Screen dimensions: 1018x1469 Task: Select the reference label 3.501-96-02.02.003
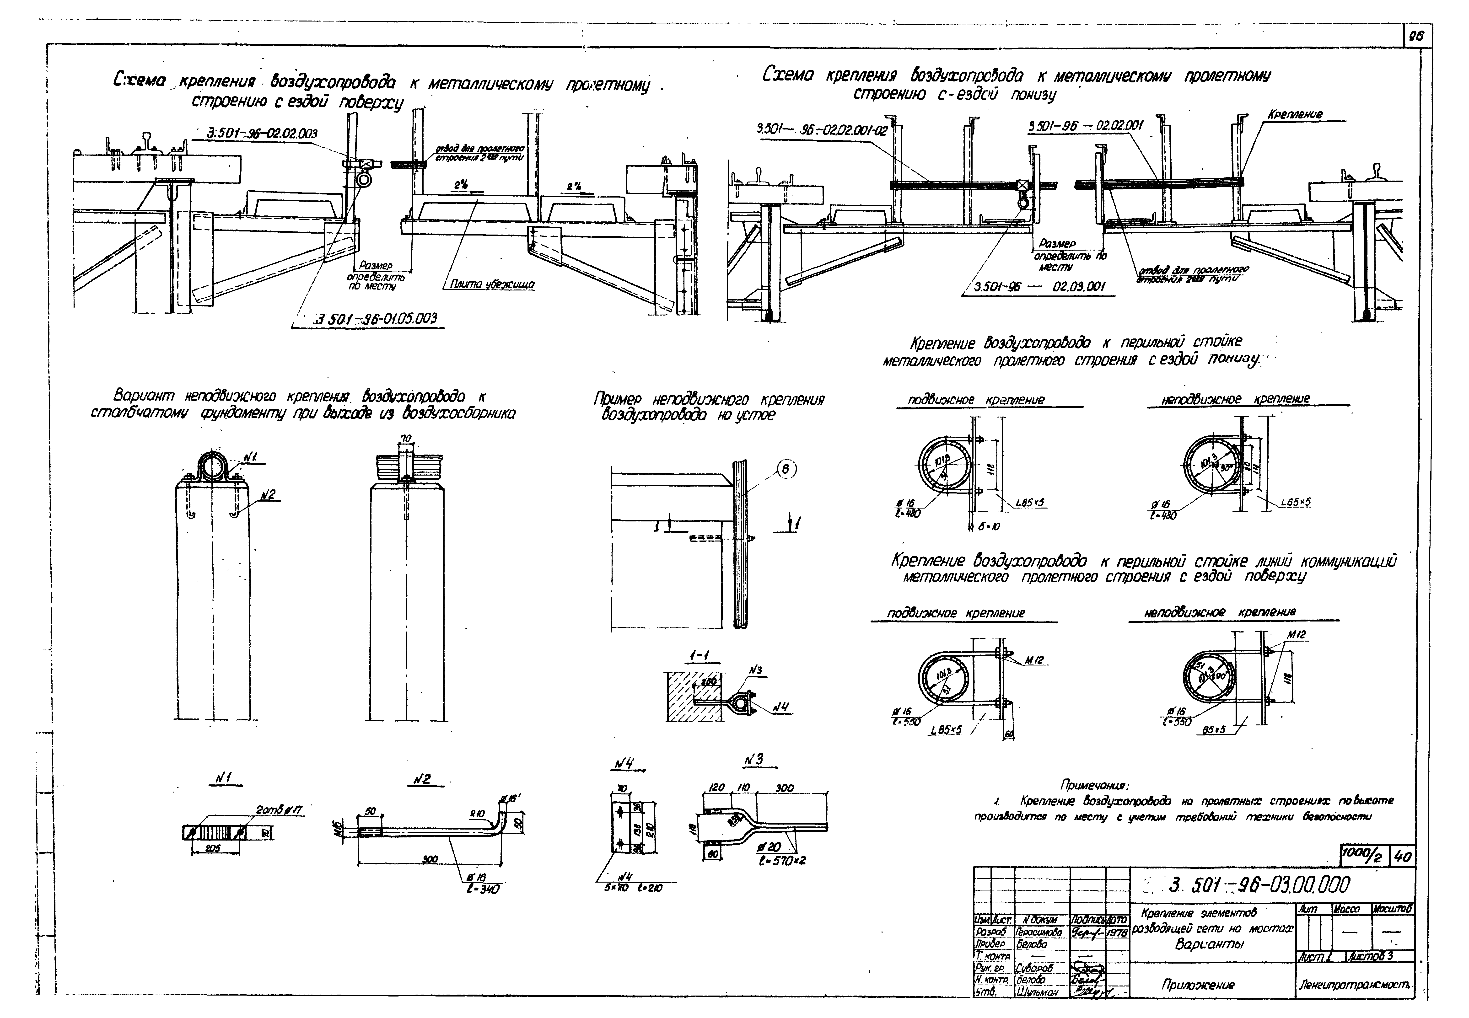coord(263,133)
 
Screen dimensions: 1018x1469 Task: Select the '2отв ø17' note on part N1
coord(279,810)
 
